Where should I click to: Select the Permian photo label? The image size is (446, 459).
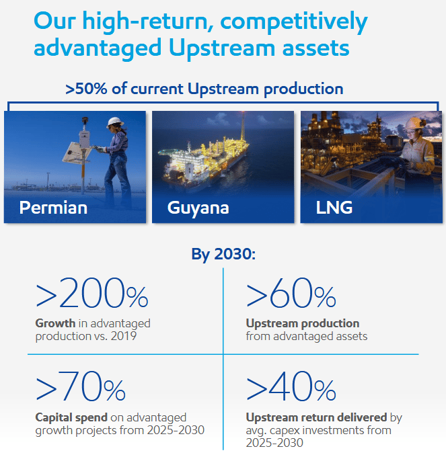pos(53,208)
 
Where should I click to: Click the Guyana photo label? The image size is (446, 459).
pos(198,208)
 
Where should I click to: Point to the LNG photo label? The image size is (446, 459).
pos(334,208)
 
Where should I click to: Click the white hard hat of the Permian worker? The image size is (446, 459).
pos(115,122)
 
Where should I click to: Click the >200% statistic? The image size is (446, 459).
pos(91,295)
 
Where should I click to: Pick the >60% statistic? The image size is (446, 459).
pos(291,295)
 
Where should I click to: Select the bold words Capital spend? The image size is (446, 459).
pos(71,417)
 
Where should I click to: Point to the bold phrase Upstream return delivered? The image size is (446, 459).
pos(316,417)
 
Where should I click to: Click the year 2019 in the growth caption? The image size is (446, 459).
pos(123,335)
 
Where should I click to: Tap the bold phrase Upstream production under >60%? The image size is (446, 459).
pos(302,323)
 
